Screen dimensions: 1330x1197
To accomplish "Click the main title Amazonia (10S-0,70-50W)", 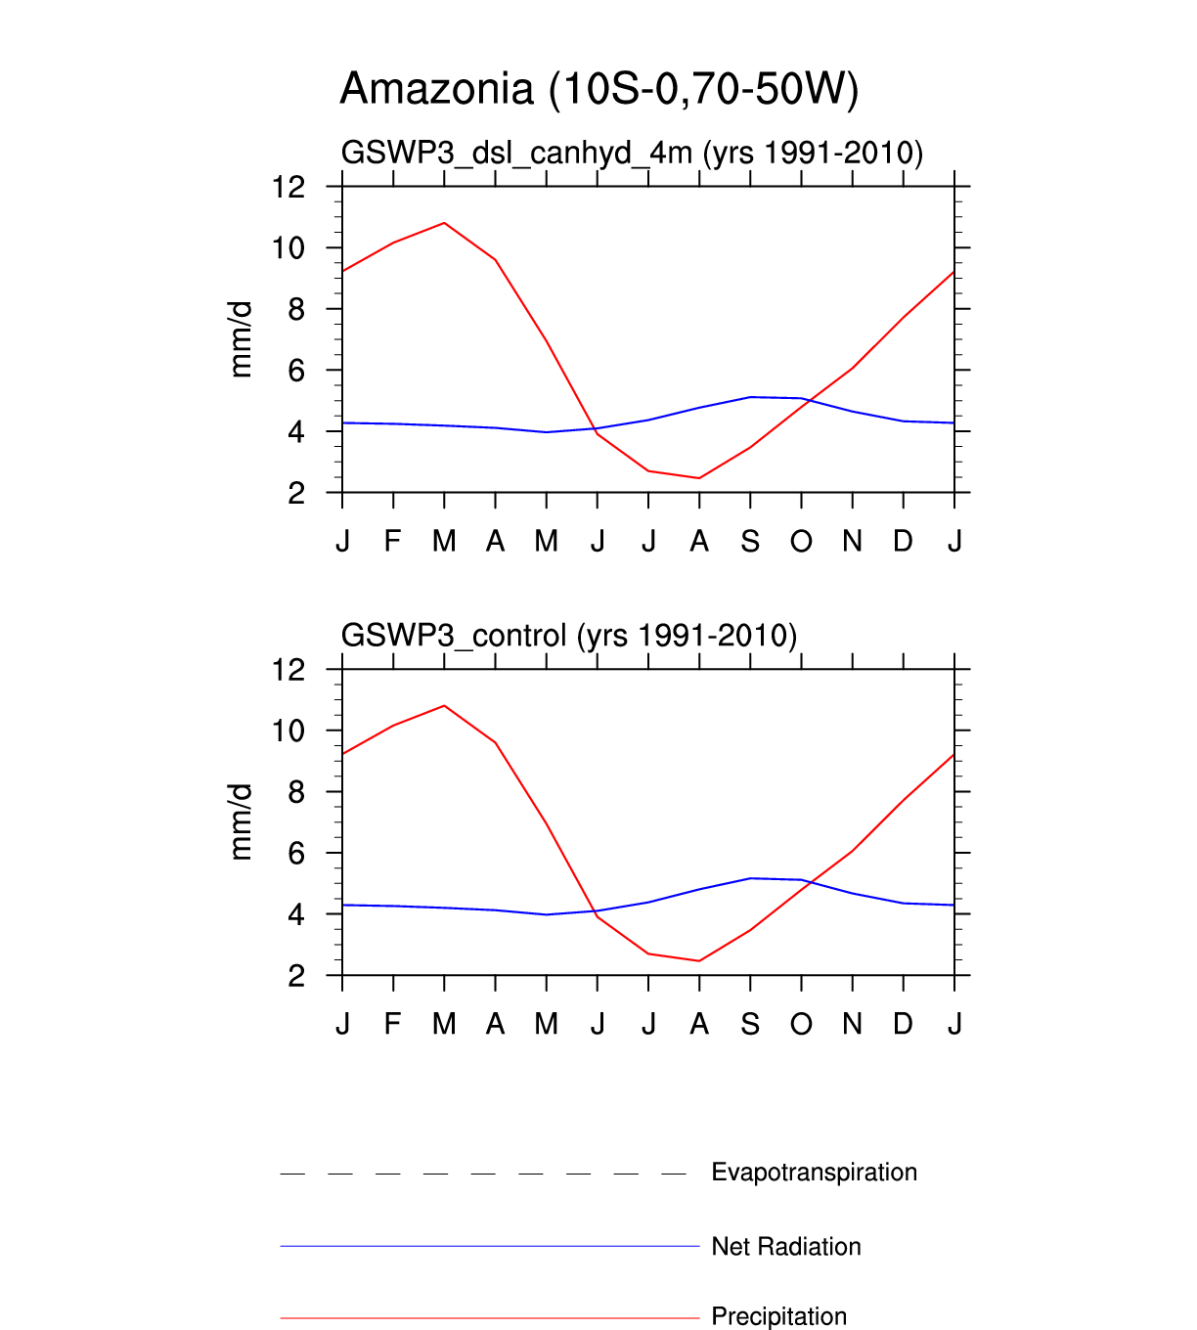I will (x=598, y=89).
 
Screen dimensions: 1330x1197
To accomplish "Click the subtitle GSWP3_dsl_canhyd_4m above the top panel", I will (x=632, y=153).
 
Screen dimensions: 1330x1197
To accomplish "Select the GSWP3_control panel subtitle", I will (x=568, y=636).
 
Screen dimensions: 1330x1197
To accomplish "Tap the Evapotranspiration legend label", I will (x=814, y=1172).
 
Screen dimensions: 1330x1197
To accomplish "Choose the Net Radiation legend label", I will (x=785, y=1246).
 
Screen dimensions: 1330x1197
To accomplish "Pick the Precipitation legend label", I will (x=778, y=1316).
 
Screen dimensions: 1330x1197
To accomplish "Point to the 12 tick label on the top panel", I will (x=288, y=187).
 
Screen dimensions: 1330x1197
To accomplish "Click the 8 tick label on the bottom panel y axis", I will (x=296, y=792).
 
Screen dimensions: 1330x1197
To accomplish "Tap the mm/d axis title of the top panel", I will (x=241, y=339).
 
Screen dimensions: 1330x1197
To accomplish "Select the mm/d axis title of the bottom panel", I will (x=241, y=821).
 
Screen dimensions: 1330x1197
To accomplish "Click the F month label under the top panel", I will (x=392, y=541).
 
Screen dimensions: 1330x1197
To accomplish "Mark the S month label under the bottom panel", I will (x=750, y=1024).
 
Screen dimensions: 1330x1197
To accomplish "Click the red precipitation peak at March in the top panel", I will (x=444, y=223).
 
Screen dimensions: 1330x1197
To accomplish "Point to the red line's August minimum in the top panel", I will (x=699, y=478).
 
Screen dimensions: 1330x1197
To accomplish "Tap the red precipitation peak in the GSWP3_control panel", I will (x=444, y=705).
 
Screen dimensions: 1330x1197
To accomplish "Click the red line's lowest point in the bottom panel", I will (x=699, y=960).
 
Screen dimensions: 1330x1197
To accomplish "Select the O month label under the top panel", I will (x=801, y=541).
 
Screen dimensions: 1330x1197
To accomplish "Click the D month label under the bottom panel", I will (x=903, y=1024).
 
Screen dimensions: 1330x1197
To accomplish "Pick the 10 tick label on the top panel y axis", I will (x=288, y=248).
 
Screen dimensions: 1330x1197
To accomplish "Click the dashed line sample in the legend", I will (x=484, y=1173).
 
